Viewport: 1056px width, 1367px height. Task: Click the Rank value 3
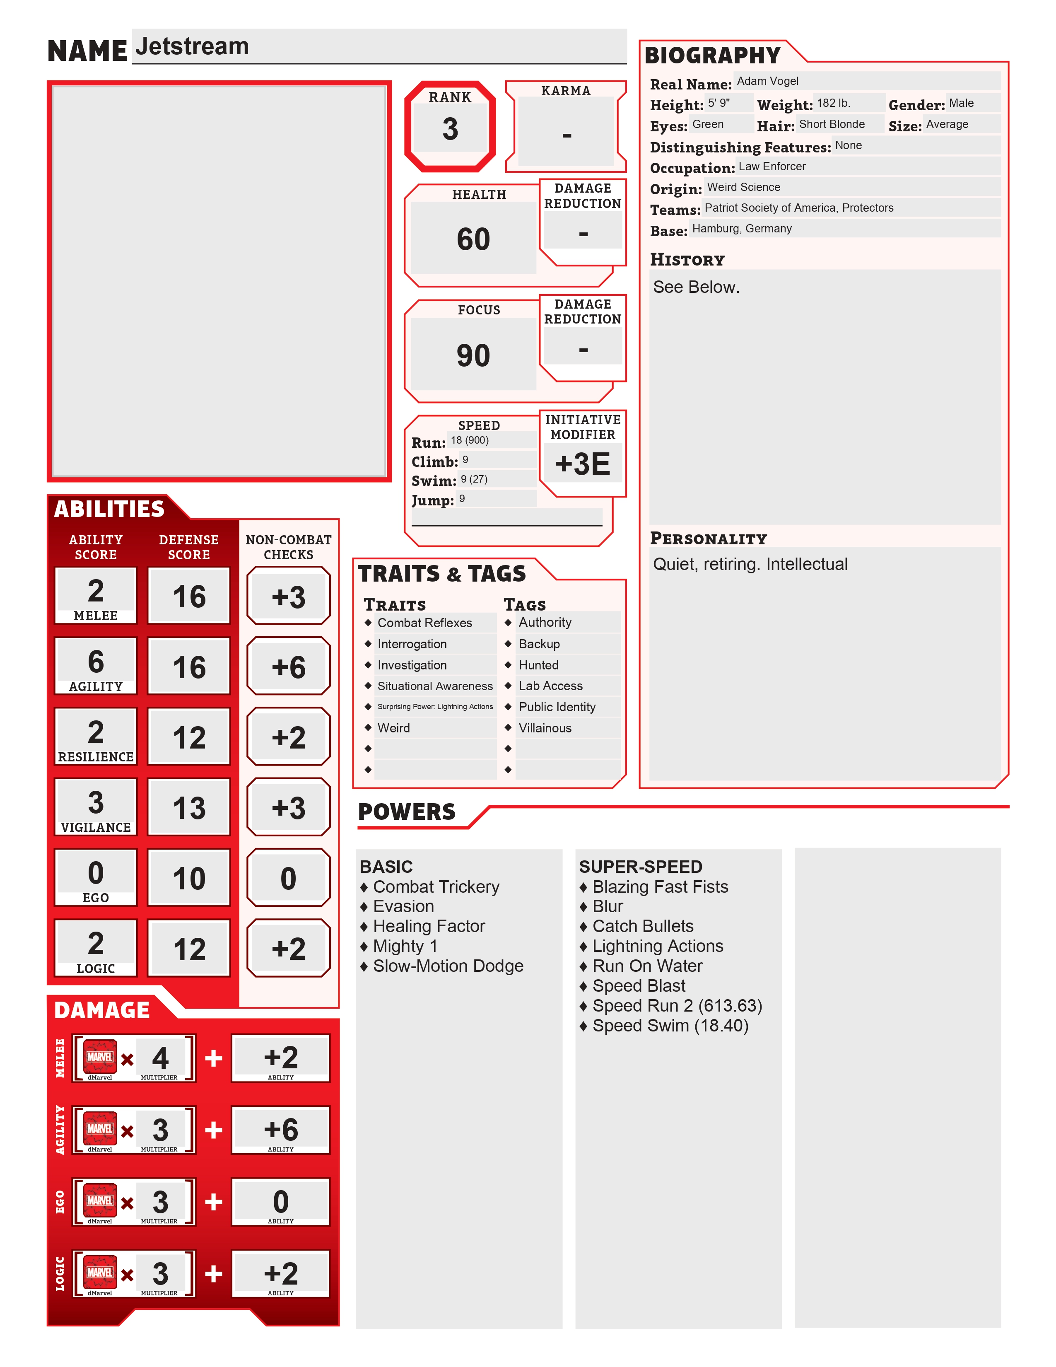tap(450, 129)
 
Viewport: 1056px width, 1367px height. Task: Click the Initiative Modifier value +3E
tap(582, 464)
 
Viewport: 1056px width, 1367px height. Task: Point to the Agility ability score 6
tap(96, 661)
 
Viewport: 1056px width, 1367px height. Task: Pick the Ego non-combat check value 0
tap(288, 878)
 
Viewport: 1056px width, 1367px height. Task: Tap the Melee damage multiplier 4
tap(160, 1058)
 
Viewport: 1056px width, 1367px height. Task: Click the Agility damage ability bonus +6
tap(280, 1130)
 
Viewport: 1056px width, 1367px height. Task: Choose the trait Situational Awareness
tap(435, 686)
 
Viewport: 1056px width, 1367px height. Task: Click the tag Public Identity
tap(557, 707)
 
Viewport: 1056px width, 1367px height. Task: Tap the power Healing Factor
tap(429, 926)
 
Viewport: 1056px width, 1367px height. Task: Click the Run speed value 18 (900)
tap(470, 440)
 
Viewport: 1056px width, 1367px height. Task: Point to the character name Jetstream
tap(192, 46)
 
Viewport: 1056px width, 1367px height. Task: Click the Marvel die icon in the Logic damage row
tap(100, 1272)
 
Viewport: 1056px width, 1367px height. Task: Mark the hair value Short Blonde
tap(832, 124)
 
